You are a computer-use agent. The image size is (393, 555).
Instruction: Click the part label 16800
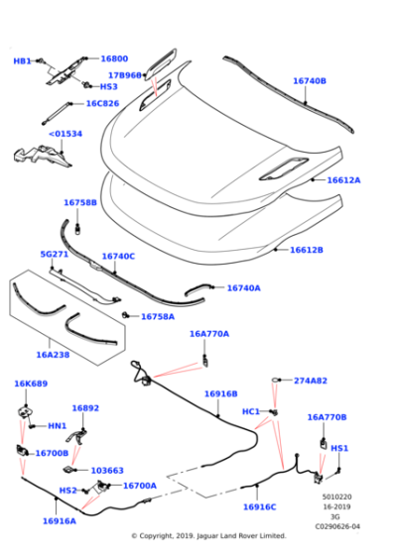114,59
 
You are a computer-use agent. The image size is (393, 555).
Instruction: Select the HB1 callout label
22,61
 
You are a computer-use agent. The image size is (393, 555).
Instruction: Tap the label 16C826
101,103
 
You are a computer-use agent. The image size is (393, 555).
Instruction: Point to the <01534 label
65,133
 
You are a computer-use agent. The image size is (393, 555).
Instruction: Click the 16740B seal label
309,81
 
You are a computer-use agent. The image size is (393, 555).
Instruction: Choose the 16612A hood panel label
343,180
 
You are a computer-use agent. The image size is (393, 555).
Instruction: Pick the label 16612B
306,250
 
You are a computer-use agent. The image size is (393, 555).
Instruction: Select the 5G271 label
54,255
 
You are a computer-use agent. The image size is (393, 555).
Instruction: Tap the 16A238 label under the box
53,354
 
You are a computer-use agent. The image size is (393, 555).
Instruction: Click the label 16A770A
209,334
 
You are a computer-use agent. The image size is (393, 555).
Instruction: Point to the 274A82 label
310,381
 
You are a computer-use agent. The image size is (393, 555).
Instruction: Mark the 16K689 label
31,384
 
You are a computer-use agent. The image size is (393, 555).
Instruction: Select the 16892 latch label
85,407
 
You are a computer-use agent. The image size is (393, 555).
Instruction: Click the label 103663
107,471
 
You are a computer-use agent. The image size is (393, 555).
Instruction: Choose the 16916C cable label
260,506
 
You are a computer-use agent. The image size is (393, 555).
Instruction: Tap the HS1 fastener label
338,448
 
